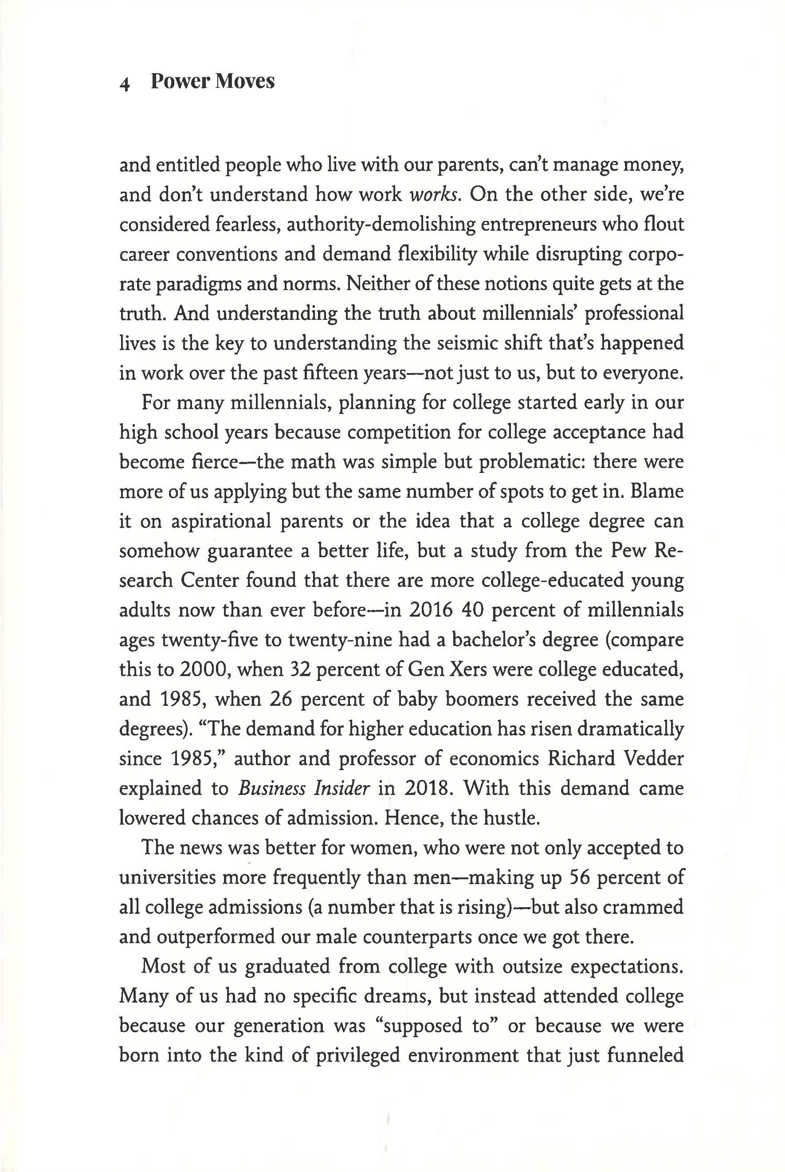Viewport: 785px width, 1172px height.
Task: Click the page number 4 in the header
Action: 125,84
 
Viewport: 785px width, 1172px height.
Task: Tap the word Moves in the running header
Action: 245,82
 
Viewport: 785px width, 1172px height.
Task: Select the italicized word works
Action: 434,195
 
